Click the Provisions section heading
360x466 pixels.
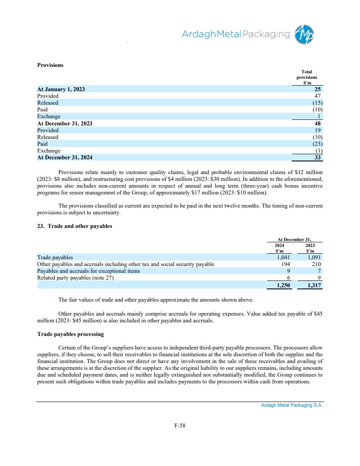coord(50,65)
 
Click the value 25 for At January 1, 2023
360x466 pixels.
coord(318,89)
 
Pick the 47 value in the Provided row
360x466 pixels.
coord(319,96)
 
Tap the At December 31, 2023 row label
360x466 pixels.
coord(64,123)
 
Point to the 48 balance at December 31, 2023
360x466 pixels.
coord(319,123)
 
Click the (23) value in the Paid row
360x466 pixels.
coord(317,144)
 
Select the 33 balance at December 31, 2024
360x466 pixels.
coord(319,158)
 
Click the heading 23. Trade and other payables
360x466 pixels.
coord(75,226)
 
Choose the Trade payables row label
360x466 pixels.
coord(55,257)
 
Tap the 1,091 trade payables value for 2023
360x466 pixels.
coord(313,257)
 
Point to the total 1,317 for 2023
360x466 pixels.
coord(313,286)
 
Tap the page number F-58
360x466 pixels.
coord(180,425)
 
